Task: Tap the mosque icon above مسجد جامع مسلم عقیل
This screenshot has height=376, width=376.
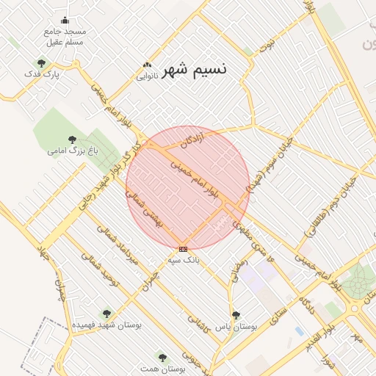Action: pos(65,21)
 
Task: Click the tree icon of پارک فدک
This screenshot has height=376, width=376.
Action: pos(41,63)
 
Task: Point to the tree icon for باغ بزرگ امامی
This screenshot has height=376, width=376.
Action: pos(72,140)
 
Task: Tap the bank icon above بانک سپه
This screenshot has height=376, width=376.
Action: pos(183,249)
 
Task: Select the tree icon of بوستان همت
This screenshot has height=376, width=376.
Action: pos(162,358)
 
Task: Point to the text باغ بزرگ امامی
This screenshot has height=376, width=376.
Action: pos(73,151)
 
